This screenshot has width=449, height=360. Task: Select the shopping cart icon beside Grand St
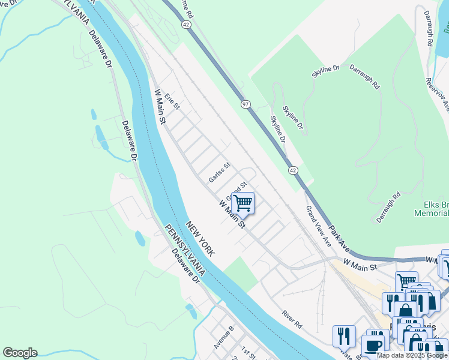[243, 203]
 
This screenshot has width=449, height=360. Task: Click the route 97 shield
[246, 104]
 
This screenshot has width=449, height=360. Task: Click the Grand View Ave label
[319, 227]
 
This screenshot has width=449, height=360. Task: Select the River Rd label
[292, 319]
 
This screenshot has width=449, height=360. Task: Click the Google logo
[20, 353]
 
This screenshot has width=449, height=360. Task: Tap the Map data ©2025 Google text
[412, 355]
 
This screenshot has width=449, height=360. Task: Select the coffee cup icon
[374, 346]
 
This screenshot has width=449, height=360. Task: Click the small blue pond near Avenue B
[191, 311]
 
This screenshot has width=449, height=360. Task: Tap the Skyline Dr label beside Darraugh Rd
[325, 73]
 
